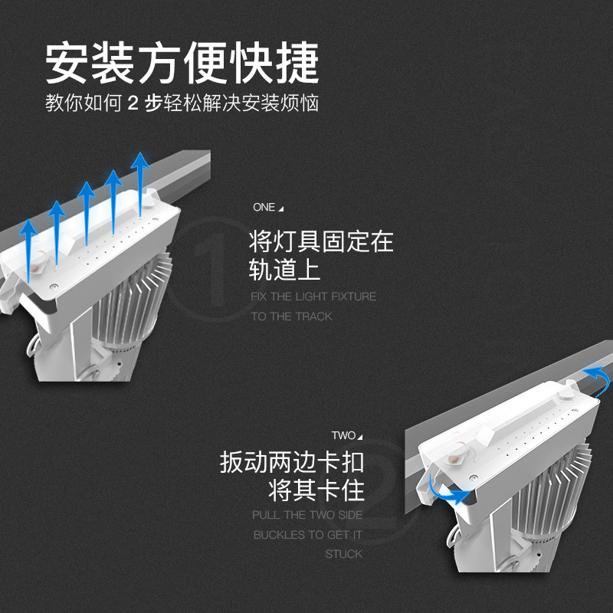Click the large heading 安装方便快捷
[x=182, y=62]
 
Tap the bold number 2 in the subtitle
[x=133, y=104]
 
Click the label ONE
[x=264, y=208]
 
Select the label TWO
[x=343, y=435]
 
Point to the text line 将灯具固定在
[x=321, y=241]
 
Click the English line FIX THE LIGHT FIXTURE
[x=313, y=297]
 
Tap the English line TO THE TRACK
[x=291, y=316]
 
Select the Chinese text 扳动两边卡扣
[x=292, y=462]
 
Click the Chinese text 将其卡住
[x=316, y=489]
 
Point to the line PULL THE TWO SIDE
[x=307, y=515]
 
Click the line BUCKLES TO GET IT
[x=307, y=535]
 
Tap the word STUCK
[x=343, y=554]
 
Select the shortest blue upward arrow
[x=28, y=247]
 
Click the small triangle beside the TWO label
[x=359, y=437]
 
